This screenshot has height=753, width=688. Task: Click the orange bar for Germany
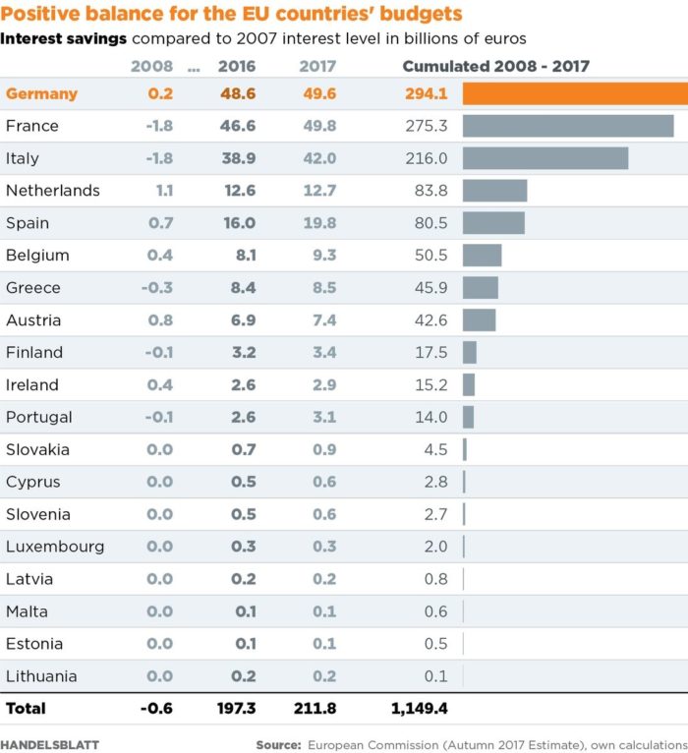coord(575,93)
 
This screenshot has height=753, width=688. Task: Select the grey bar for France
coord(568,126)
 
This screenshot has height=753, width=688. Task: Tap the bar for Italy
coord(545,158)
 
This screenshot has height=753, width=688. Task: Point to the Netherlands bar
coord(495,191)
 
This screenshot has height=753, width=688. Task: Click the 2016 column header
coord(237,67)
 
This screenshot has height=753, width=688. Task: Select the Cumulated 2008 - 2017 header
coord(496,67)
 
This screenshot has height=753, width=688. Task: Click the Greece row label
coord(33,288)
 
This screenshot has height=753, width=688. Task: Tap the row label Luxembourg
coord(55,547)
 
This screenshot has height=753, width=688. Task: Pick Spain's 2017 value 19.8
coord(319,223)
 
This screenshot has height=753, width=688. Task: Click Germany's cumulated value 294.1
coord(427,94)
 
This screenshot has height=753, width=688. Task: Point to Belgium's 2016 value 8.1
coord(246,256)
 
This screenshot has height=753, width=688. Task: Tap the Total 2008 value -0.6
coord(156,708)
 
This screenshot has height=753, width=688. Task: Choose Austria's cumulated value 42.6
coord(431,320)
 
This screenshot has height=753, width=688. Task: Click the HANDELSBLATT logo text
coord(50,744)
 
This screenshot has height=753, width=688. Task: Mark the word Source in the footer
coord(278,744)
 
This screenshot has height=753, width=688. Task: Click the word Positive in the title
coord(40,15)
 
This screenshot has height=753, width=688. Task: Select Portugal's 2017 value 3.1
coord(324,417)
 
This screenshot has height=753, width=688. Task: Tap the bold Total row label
coord(26,708)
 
